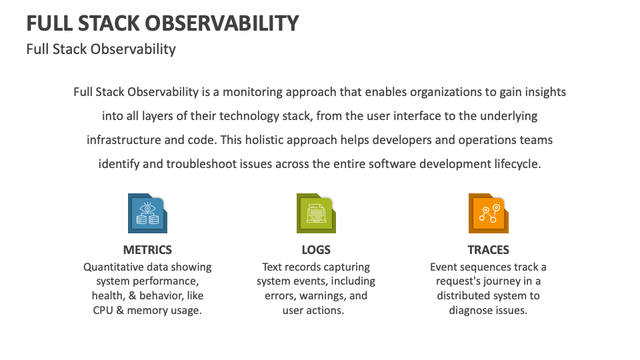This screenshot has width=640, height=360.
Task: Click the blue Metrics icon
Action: (147, 213)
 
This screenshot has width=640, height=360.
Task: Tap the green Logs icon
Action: (316, 213)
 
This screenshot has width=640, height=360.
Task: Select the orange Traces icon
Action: (488, 213)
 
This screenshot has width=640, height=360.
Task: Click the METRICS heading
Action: (147, 250)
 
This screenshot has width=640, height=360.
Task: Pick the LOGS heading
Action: (316, 250)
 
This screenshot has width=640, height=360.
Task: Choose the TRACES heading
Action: (488, 250)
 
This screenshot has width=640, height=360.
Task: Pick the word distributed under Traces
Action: (468, 296)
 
